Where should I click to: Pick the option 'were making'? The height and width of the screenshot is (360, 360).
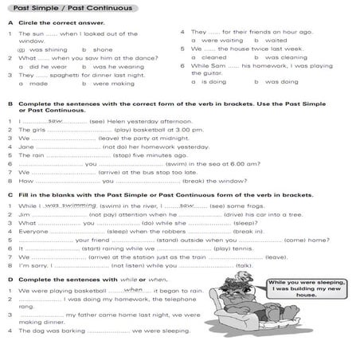[x=111, y=83]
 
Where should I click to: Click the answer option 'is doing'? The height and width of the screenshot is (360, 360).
[x=213, y=82]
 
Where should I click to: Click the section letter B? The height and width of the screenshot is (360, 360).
[x=10, y=104]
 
